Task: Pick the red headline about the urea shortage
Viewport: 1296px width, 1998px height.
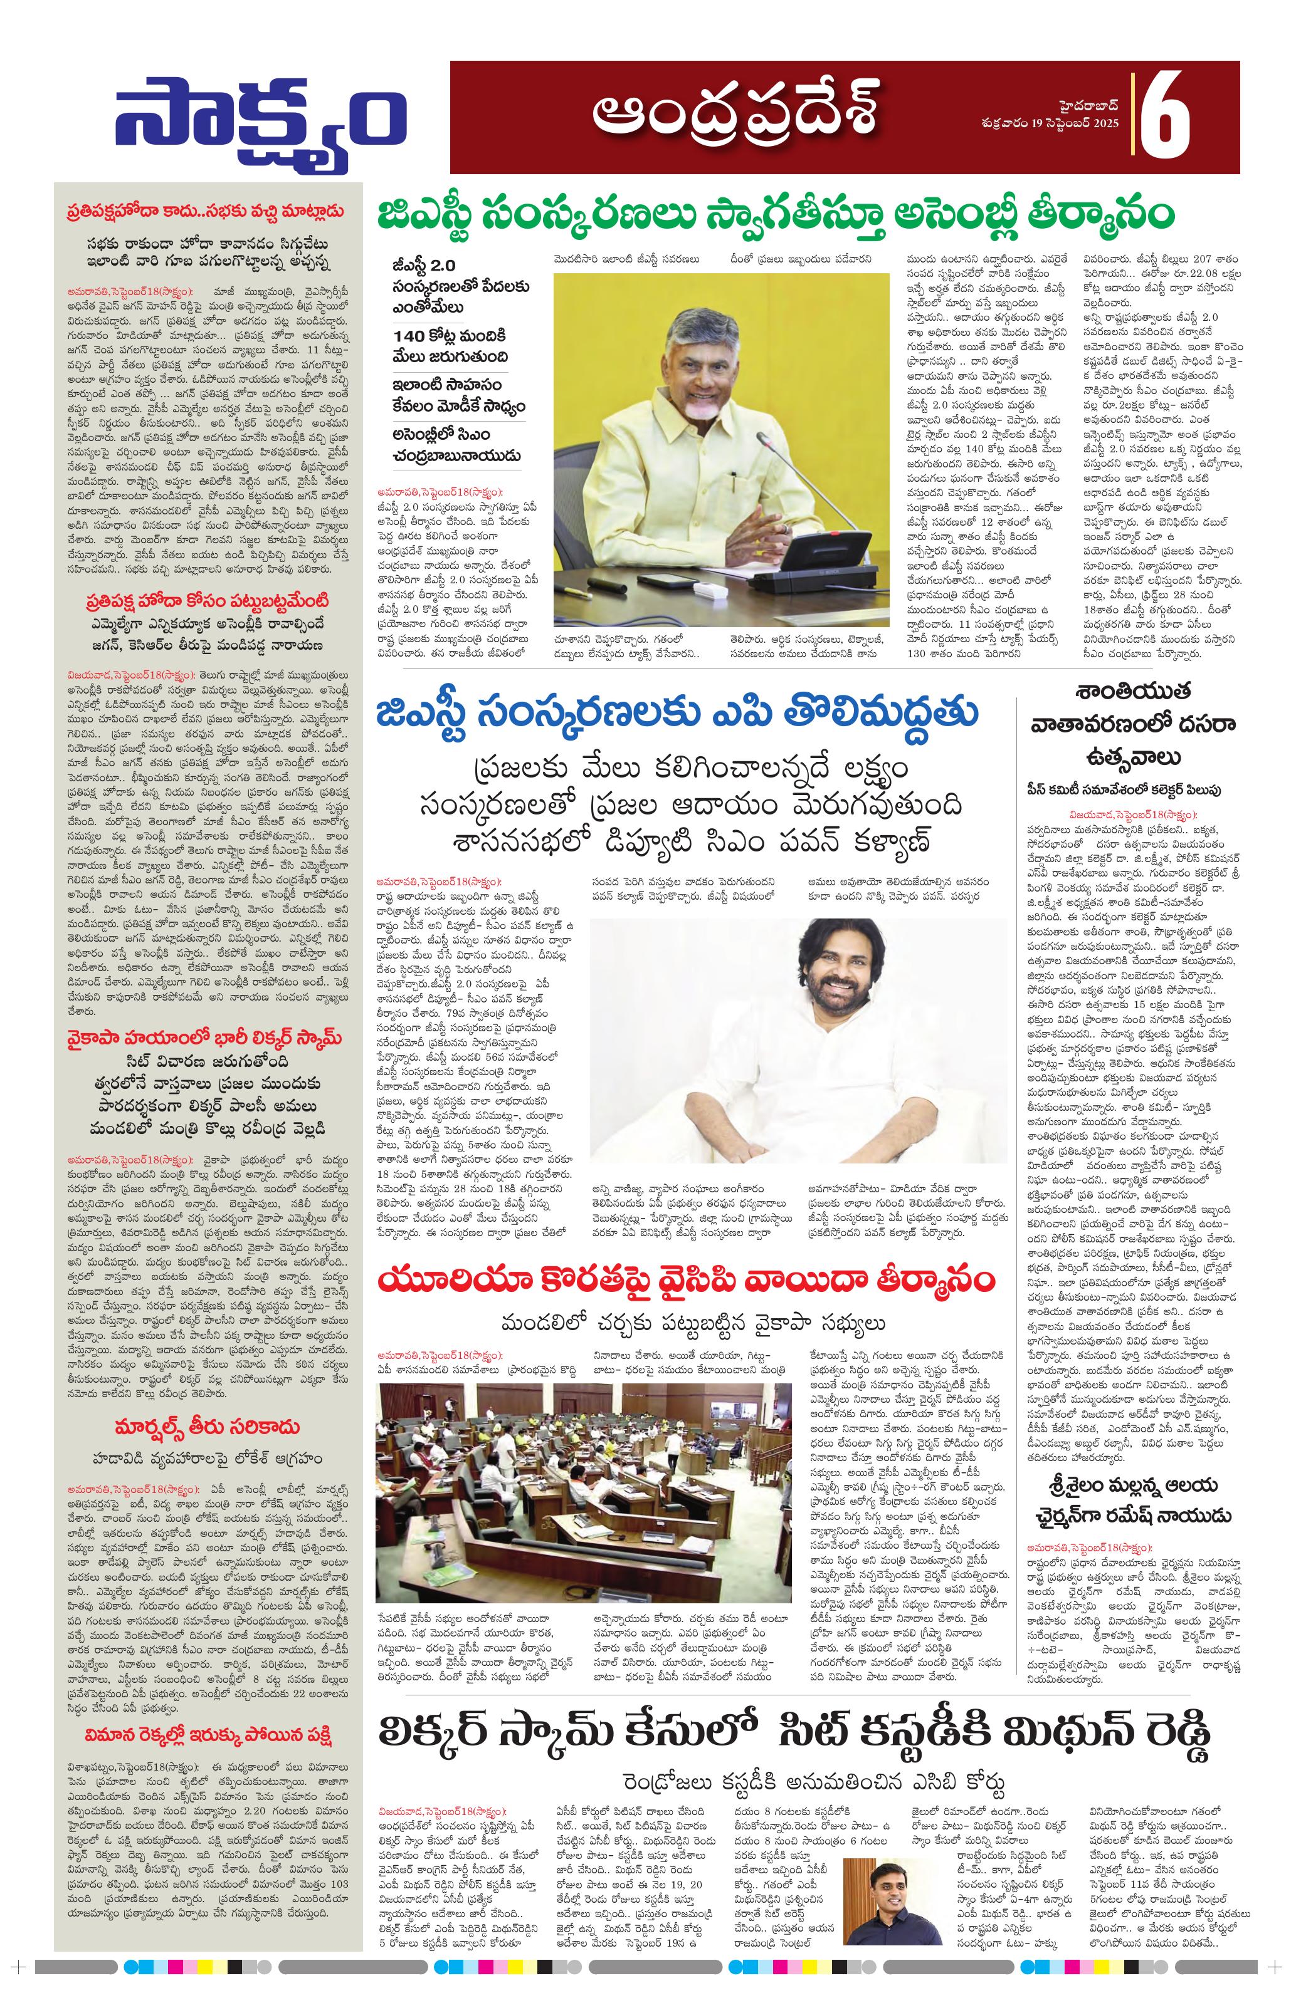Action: coord(685,1280)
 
